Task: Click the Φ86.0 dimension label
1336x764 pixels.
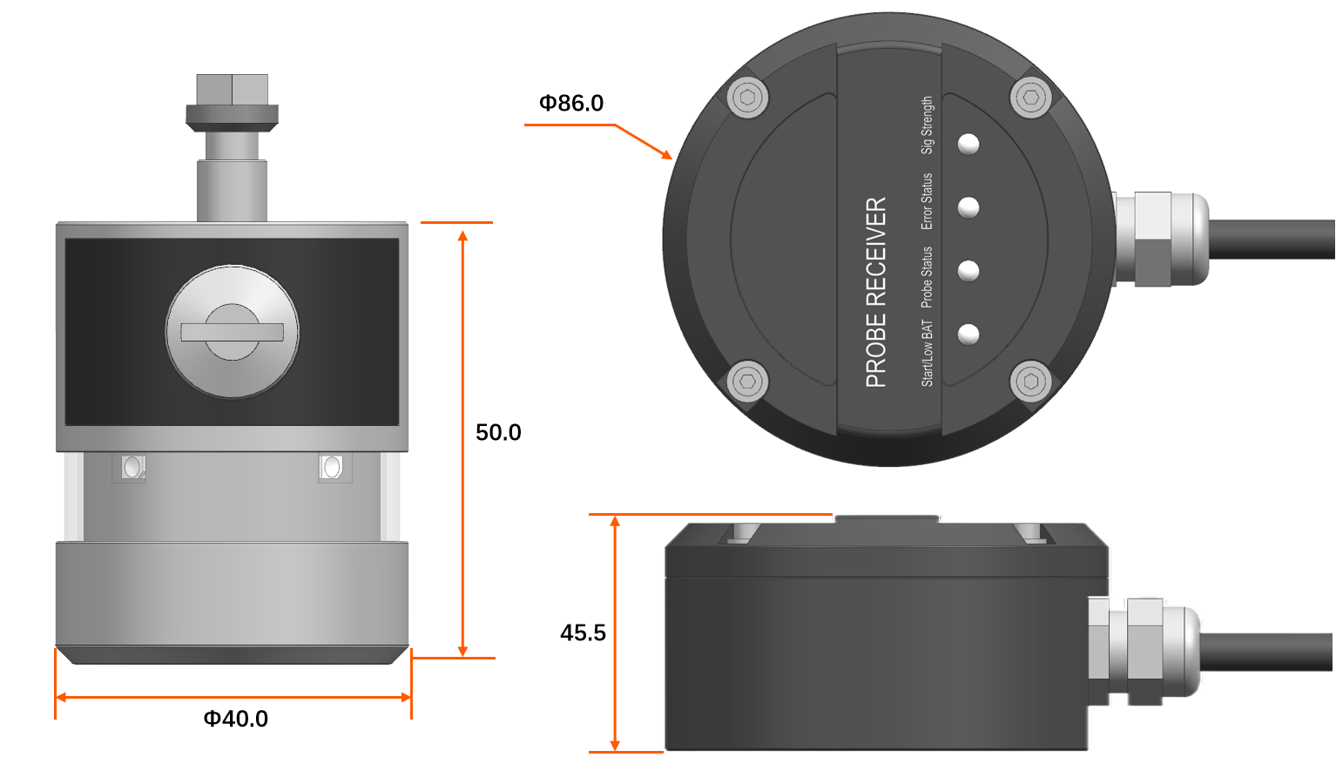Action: [x=570, y=103]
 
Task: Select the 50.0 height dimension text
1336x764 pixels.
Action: [x=498, y=432]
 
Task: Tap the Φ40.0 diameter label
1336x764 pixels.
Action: [x=236, y=719]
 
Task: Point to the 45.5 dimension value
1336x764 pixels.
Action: [x=583, y=632]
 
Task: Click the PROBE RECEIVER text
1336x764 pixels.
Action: [x=876, y=292]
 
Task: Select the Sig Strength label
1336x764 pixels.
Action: [x=927, y=125]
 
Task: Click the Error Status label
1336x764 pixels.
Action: [x=927, y=201]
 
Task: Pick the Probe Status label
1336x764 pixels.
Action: [x=927, y=277]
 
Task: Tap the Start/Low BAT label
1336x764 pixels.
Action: [x=927, y=353]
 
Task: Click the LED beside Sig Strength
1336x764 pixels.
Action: [x=968, y=144]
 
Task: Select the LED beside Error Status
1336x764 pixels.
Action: [x=968, y=207]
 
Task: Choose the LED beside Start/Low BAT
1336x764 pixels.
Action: [x=968, y=334]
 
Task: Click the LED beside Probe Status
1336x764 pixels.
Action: [x=968, y=271]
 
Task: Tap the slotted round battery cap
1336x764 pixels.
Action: [x=232, y=332]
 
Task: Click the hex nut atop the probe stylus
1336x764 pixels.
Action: [x=232, y=90]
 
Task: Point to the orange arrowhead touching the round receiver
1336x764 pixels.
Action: [x=665, y=154]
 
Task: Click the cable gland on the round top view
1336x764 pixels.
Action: [x=1161, y=240]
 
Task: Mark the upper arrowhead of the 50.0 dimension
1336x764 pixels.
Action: [x=462, y=235]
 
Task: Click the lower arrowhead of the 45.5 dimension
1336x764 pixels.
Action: [x=615, y=746]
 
